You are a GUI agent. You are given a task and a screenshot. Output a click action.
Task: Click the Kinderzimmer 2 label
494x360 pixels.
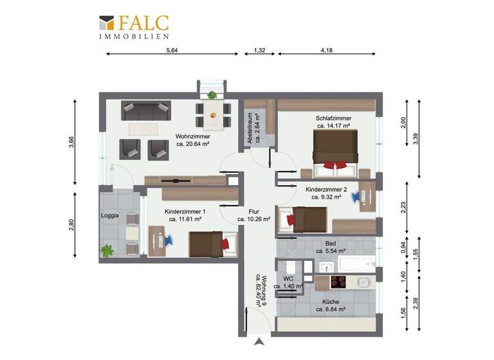pyautogui.click(x=326, y=194)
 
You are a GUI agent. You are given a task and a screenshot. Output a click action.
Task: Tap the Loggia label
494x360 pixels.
pyautogui.click(x=109, y=216)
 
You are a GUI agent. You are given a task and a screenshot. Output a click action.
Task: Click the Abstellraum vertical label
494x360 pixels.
pyautogui.click(x=250, y=127)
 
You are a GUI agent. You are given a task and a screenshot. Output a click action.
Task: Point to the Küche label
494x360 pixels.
pyautogui.click(x=331, y=305)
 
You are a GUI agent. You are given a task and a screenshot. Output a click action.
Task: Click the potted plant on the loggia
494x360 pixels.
pyautogui.click(x=107, y=249)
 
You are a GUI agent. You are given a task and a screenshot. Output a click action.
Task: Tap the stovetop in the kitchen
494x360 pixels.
pyautogui.click(x=339, y=282)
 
